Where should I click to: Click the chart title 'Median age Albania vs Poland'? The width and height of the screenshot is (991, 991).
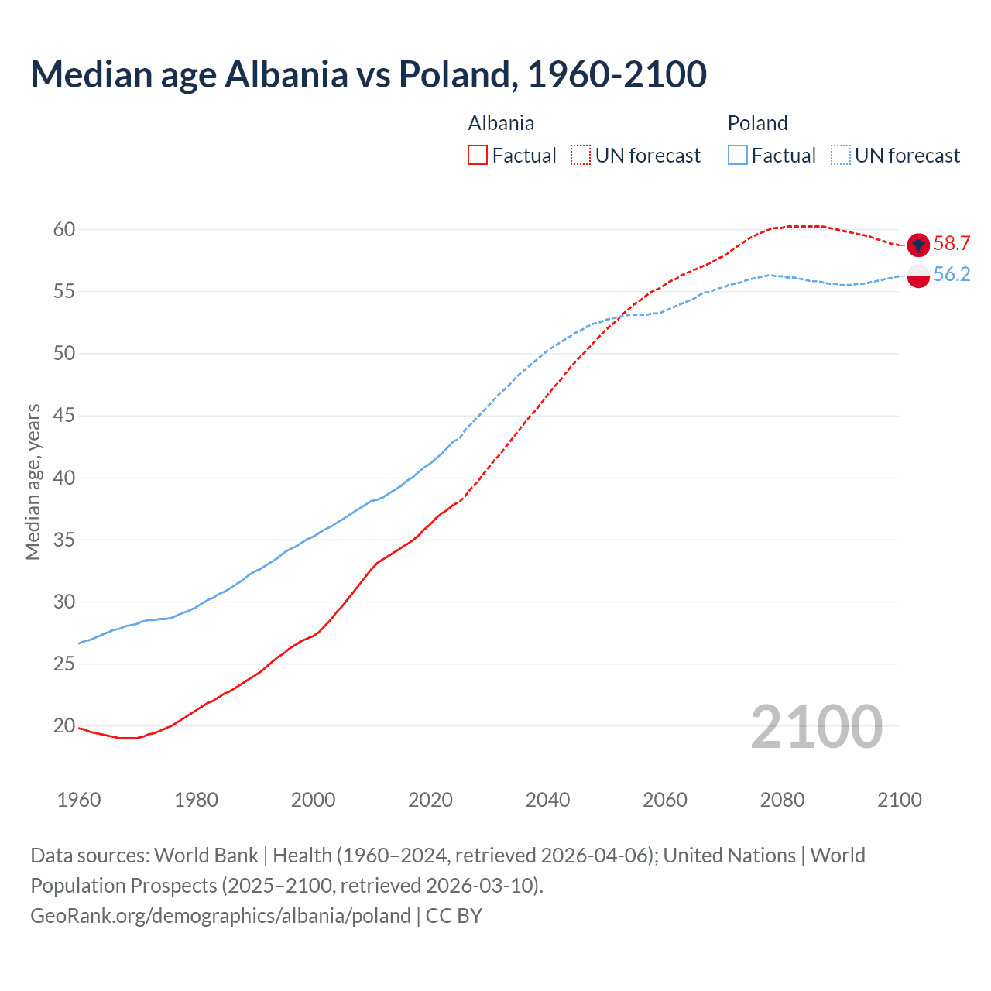click(x=368, y=74)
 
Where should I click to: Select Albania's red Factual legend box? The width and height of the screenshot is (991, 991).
click(x=478, y=156)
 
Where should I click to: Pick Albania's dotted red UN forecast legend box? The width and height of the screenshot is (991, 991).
click(x=581, y=156)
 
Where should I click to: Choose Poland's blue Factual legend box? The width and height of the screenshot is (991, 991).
click(x=738, y=156)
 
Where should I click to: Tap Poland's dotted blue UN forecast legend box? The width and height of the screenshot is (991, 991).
click(x=841, y=156)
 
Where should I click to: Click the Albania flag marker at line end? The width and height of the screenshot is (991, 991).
click(x=918, y=245)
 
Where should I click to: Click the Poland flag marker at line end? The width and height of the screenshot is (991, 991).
click(x=918, y=276)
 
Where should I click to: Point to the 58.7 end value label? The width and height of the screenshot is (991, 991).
click(x=952, y=244)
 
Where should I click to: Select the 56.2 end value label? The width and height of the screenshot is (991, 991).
click(x=952, y=275)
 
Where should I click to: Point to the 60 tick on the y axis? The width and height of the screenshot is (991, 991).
click(x=64, y=229)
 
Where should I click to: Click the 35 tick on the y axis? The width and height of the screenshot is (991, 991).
click(x=64, y=540)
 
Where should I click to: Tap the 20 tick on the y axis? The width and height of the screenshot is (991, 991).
click(x=64, y=725)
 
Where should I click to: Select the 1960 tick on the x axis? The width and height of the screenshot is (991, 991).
click(x=79, y=800)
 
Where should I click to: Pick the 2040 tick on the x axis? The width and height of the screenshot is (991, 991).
click(x=547, y=800)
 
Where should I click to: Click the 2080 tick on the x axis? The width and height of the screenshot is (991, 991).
click(x=782, y=800)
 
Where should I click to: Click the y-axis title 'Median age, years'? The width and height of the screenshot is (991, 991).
click(x=33, y=482)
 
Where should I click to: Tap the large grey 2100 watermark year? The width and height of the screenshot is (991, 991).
click(x=816, y=726)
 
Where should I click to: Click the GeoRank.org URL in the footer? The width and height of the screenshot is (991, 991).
click(x=221, y=916)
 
